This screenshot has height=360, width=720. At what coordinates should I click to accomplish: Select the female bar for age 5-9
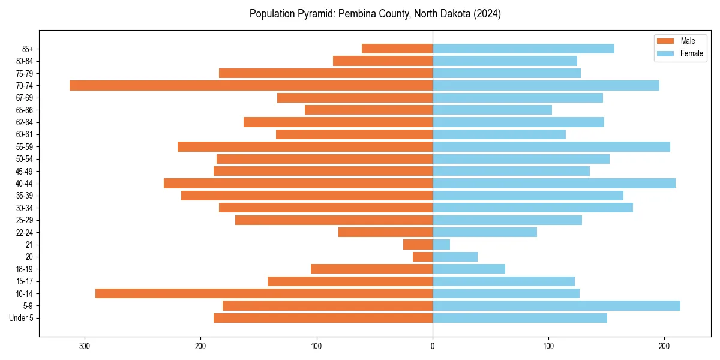pyautogui.click(x=556, y=305)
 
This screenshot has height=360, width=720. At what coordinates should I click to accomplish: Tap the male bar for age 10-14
pyautogui.click(x=264, y=293)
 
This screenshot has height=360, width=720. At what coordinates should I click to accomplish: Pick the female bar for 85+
pyautogui.click(x=523, y=49)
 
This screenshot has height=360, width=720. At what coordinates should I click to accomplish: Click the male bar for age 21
pyautogui.click(x=418, y=244)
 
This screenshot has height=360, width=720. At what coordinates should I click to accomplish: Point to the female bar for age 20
pyautogui.click(x=455, y=257)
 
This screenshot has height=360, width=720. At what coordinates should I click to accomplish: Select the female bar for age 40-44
pyautogui.click(x=554, y=183)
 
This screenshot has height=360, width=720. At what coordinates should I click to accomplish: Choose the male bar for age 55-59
pyautogui.click(x=305, y=146)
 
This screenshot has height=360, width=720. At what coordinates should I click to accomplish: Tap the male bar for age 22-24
pyautogui.click(x=385, y=232)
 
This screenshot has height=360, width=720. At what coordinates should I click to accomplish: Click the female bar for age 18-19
pyautogui.click(x=469, y=269)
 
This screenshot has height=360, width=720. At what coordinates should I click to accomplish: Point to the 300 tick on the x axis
pyautogui.click(x=85, y=346)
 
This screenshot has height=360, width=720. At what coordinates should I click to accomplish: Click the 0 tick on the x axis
pyautogui.click(x=433, y=346)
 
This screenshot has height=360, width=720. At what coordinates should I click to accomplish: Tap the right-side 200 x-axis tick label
pyautogui.click(x=664, y=346)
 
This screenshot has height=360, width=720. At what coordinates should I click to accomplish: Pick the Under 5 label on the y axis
pyautogui.click(x=21, y=318)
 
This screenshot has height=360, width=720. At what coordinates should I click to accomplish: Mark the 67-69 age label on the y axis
pyautogui.click(x=25, y=98)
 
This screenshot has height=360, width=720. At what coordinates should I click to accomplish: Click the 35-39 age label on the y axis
pyautogui.click(x=25, y=196)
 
